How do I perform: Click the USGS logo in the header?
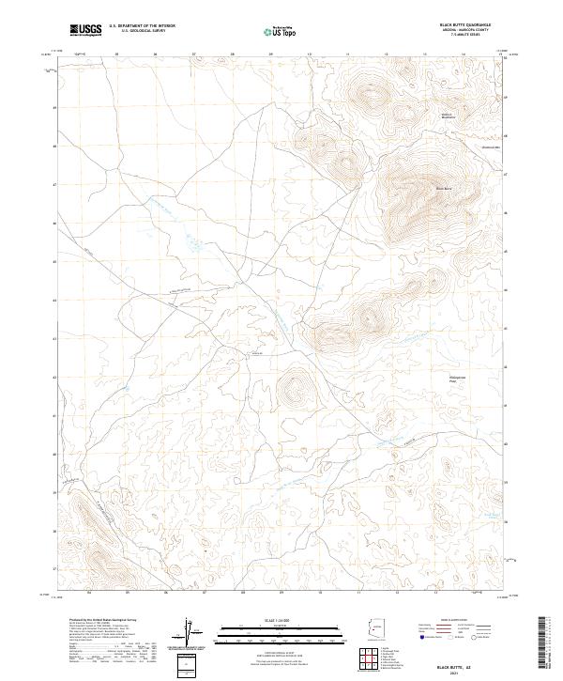pos(85,30)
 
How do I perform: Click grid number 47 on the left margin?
pos(54,184)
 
